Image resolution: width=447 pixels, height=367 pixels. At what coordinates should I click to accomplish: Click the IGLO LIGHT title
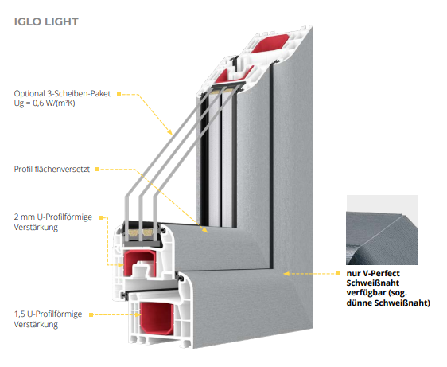[x=46, y=21]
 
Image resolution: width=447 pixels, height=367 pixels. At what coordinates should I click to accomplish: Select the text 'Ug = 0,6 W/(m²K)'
[x=45, y=103]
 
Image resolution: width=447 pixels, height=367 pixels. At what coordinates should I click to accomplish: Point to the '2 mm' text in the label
[x=24, y=217]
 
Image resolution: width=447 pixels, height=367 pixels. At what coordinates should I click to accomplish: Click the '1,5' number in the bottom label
[x=19, y=314]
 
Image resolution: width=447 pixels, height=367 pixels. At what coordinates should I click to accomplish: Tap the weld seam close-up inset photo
[x=382, y=230]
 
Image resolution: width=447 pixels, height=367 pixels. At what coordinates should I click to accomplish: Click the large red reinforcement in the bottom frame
[x=157, y=318]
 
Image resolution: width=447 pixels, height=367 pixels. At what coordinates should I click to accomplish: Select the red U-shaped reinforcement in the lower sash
[x=140, y=264]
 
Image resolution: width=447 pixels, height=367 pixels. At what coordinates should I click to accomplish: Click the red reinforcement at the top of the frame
[x=270, y=43]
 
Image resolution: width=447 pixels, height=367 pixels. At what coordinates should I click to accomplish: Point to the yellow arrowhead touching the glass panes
[x=170, y=132]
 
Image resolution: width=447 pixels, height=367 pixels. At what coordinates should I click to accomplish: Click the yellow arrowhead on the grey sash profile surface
[x=204, y=230]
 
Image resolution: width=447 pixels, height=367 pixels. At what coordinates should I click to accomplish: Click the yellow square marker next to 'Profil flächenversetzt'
[x=97, y=170]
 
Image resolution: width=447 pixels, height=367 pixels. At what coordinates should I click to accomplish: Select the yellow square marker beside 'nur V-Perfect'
[x=338, y=273]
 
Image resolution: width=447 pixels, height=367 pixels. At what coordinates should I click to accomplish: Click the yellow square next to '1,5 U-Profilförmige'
[x=91, y=314]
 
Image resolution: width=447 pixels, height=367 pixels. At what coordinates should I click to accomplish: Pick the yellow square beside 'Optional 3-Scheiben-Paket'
[x=119, y=94]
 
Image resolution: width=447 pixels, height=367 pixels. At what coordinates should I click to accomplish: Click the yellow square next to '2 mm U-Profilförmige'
[x=100, y=218]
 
